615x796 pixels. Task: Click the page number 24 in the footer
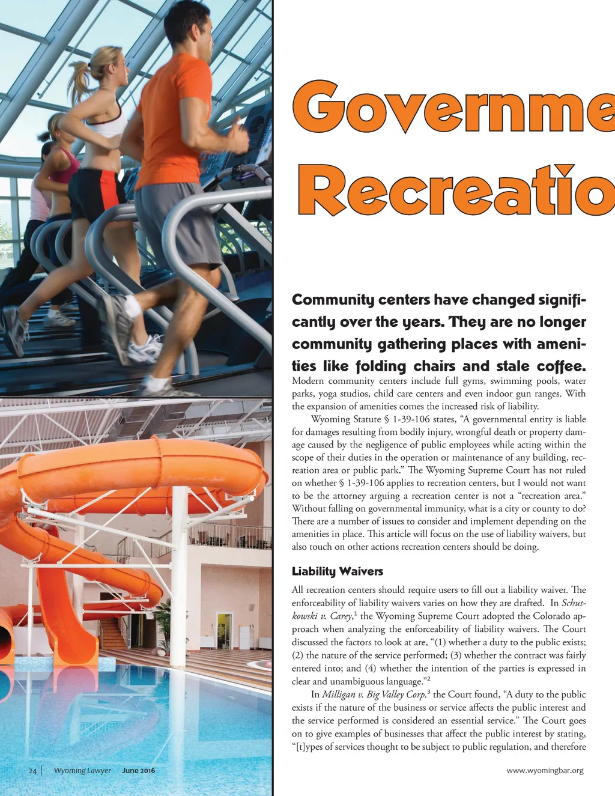click(x=33, y=771)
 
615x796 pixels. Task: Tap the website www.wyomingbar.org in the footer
click(x=545, y=771)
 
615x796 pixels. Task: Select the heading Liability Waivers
click(x=337, y=571)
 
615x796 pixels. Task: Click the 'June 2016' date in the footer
click(x=138, y=771)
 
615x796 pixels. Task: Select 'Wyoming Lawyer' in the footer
click(x=82, y=771)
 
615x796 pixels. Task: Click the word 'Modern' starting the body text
click(x=308, y=381)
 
